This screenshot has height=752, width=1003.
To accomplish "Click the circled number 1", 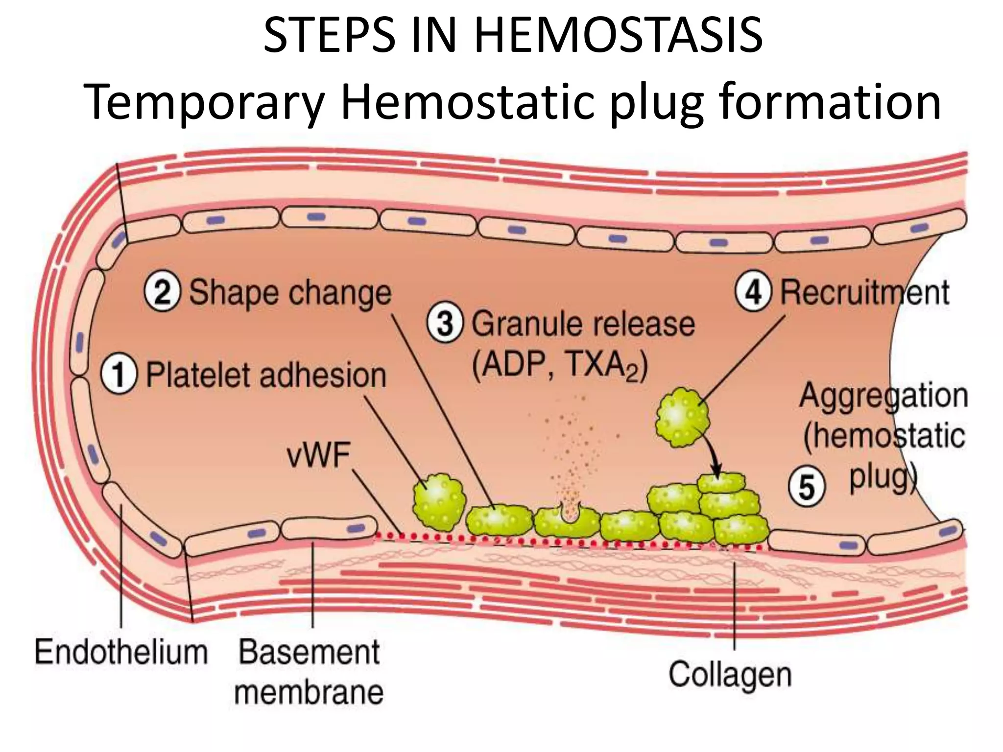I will (x=119, y=376).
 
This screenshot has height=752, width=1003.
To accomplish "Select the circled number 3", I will (x=444, y=324).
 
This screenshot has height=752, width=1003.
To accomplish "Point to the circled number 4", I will (x=753, y=292).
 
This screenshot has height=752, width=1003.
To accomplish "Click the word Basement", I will (x=309, y=653).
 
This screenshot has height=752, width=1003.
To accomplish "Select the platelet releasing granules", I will (x=567, y=521).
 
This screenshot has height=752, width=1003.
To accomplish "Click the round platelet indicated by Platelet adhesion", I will (x=439, y=502).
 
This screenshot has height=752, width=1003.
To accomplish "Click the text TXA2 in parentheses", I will (x=606, y=365).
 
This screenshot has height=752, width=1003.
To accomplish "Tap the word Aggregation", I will (x=884, y=396).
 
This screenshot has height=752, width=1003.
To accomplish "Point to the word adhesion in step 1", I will (x=323, y=376).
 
